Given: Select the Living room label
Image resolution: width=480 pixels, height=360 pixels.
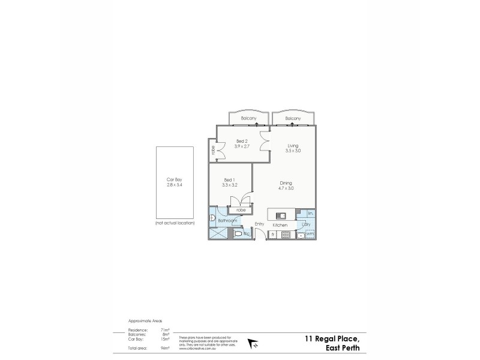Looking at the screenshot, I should pos(293,145).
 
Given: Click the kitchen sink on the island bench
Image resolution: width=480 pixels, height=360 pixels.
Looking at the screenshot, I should pos(280,215).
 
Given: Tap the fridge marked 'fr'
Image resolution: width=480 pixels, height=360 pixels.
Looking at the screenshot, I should pos(274,233).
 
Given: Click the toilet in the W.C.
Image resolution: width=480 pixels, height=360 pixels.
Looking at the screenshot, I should pos(238,233).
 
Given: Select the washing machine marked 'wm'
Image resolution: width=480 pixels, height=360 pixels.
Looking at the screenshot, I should pos(309,233).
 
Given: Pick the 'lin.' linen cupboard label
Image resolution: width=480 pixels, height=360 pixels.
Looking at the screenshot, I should pos(310,214).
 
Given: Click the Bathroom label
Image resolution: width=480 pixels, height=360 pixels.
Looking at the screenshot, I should pos(226,221).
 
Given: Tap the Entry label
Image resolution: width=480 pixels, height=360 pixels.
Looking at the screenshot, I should pos(259,224).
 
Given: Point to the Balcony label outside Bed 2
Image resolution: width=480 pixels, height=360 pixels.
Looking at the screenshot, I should pos(249,119).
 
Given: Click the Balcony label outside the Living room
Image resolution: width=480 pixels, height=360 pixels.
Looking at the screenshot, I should pos(293,119).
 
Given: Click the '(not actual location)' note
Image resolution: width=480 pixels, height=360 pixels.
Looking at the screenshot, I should pos(175,223).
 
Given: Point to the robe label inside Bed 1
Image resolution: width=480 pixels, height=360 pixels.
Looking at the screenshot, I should pos(241,211).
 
